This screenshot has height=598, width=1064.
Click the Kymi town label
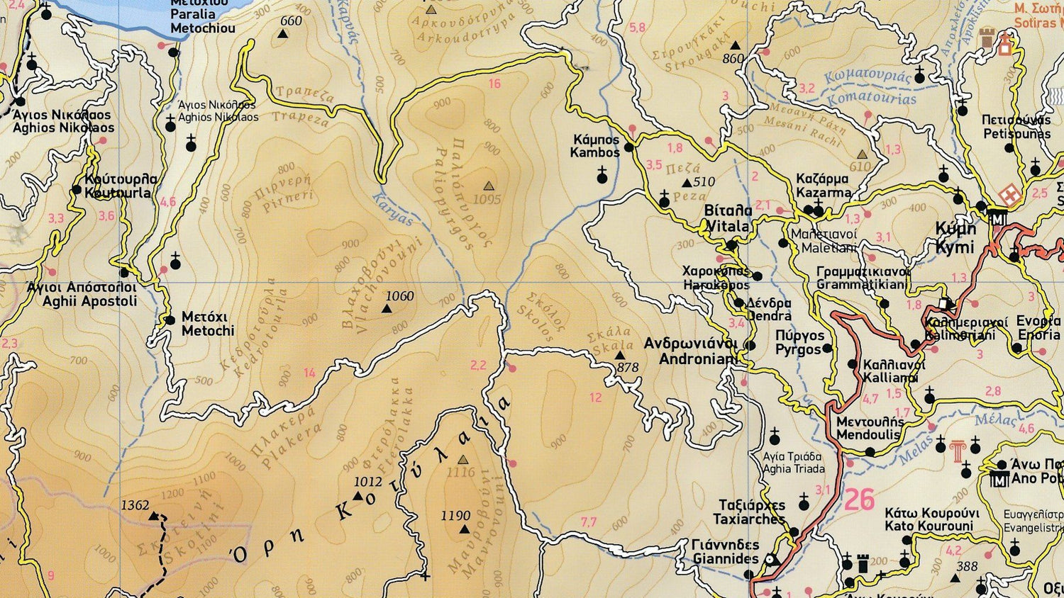(x=955, y=238)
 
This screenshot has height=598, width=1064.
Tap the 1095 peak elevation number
(x=487, y=200)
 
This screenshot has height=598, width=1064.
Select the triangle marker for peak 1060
(x=387, y=309)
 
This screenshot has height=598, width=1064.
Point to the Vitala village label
(x=728, y=218)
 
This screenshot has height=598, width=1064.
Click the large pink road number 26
(x=859, y=500)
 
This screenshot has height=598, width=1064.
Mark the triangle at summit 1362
(x=154, y=517)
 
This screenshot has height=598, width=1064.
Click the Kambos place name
(x=595, y=146)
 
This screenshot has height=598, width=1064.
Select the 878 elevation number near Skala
(x=628, y=368)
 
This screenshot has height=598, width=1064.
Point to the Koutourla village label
(x=120, y=186)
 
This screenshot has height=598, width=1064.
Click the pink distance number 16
(x=494, y=84)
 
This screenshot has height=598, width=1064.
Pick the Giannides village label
(x=725, y=552)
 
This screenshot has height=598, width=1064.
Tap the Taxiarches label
(x=751, y=512)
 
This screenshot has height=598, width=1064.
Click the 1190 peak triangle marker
(x=464, y=529)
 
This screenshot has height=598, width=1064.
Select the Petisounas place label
(x=1016, y=127)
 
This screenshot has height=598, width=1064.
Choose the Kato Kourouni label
(x=931, y=519)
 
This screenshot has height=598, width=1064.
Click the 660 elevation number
(x=291, y=21)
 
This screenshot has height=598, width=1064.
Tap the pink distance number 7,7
(x=589, y=522)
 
